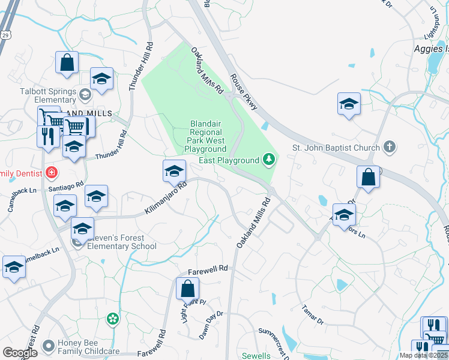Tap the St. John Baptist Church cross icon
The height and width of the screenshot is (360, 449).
coord(390,147)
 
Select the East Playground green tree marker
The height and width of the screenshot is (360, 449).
coord(270,160)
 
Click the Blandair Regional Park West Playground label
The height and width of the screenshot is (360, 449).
coord(205,136)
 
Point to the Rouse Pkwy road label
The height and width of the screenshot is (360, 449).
coord(244,92)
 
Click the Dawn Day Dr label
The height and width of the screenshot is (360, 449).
coord(211,321)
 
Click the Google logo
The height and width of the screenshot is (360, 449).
coord(20,353)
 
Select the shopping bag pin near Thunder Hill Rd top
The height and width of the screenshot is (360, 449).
coord(67,62)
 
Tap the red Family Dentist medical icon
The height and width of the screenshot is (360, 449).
coord(52,173)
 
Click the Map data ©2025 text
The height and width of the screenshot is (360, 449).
coord(423,355)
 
